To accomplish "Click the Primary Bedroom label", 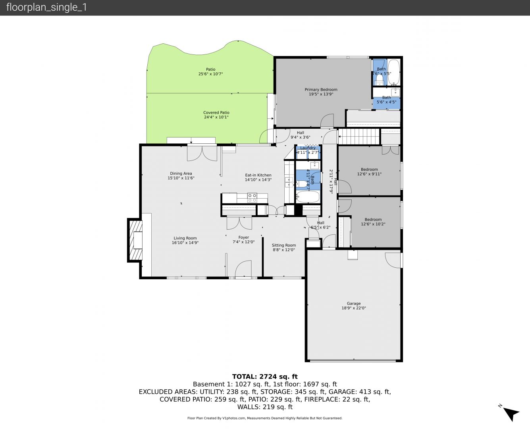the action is pyautogui.click(x=321, y=90).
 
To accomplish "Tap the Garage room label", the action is pyautogui.click(x=354, y=303).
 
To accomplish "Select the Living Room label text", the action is pyautogui.click(x=185, y=238).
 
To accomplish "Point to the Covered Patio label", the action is pyautogui.click(x=216, y=112).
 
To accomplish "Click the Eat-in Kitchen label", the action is pyautogui.click(x=258, y=175).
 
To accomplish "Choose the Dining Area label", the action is pyautogui.click(x=181, y=174).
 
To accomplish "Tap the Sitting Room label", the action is pyautogui.click(x=284, y=245).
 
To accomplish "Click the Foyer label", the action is pyautogui.click(x=244, y=237).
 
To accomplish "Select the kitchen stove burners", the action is pyautogui.click(x=252, y=198).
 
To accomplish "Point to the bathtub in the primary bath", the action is pyautogui.click(x=393, y=72).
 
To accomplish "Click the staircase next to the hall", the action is pyautogui.click(x=359, y=136).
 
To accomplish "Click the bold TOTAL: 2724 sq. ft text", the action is pyautogui.click(x=265, y=377).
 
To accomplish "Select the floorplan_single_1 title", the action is pyautogui.click(x=46, y=8).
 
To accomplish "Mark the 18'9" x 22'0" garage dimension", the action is pyautogui.click(x=354, y=308).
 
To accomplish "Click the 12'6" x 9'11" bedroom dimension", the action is pyautogui.click(x=369, y=174).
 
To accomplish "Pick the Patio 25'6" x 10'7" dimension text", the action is pyautogui.click(x=210, y=74).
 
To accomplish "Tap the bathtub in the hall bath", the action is pyautogui.click(x=308, y=197).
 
